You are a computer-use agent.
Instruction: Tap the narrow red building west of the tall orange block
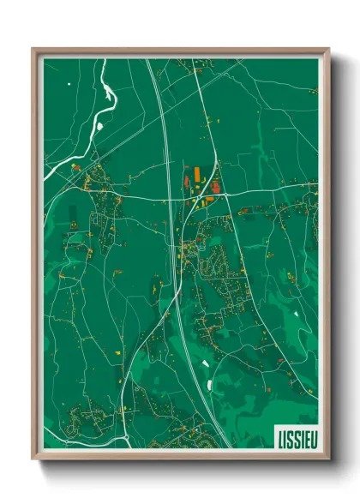(184, 183)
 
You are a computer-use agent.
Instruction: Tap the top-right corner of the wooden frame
(328, 49)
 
